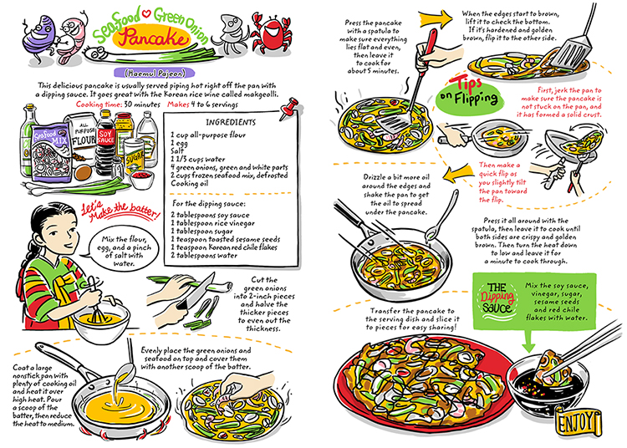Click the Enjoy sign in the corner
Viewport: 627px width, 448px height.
[584, 418]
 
